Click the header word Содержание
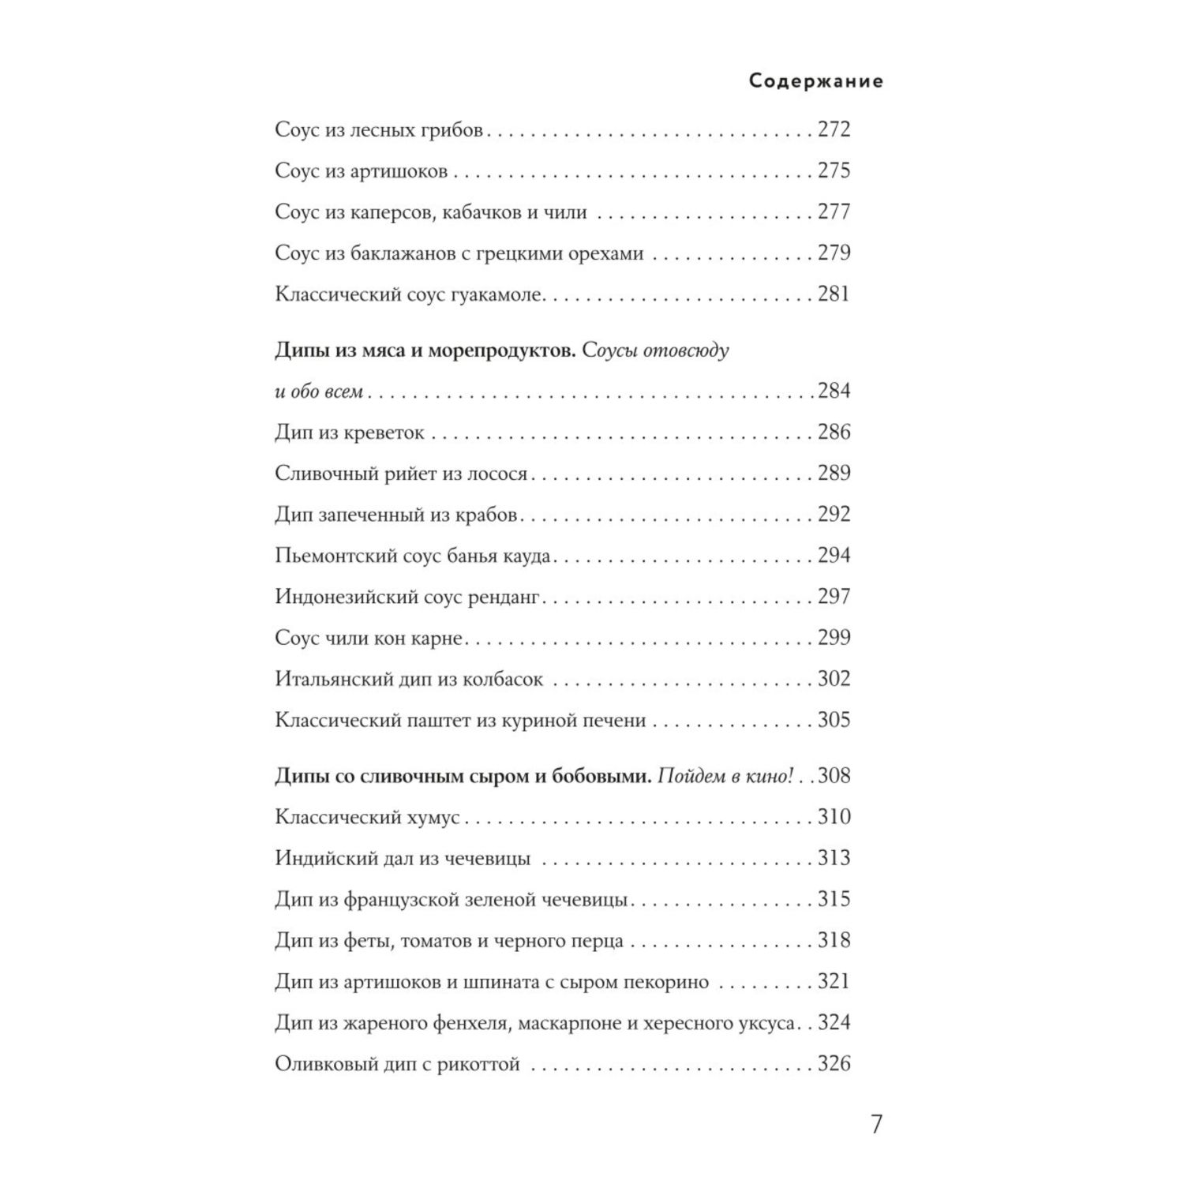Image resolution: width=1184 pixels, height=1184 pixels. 815,81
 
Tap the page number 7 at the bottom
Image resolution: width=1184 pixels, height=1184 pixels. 875,1124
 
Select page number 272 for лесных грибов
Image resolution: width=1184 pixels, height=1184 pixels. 834,129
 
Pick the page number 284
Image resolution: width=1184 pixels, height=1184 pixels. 834,391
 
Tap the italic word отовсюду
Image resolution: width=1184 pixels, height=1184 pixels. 686,350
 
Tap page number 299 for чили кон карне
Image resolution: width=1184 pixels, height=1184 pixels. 834,638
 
